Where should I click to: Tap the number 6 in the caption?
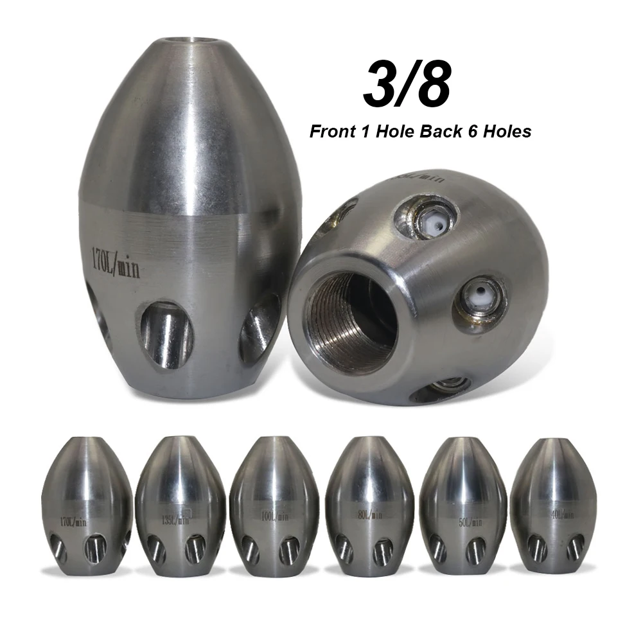pos(468,131)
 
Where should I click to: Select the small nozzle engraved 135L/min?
pos(181,507)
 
